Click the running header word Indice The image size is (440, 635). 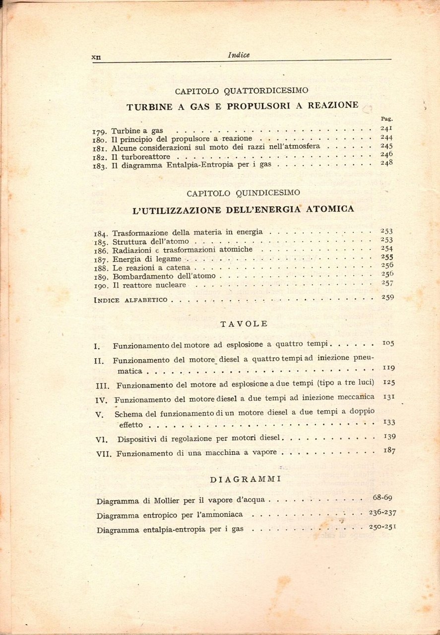pos(239,56)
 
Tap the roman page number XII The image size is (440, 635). pos(96,57)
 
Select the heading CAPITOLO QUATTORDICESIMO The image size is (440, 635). pos(242,91)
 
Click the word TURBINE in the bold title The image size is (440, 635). pos(149,106)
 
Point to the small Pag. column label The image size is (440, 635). pos(386,119)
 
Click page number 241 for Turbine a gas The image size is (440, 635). pos(386,128)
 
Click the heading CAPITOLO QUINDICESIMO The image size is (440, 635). pos(243,192)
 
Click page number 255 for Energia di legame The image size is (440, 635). pos(387,257)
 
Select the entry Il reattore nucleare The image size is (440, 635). pos(149,285)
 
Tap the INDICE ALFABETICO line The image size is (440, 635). pos(130,300)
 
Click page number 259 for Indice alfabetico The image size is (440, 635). pos(387,297)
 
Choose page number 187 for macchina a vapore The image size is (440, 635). pos(389,450)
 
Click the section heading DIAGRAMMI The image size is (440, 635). pos(246,479)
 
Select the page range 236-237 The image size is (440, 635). pos(382,512)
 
